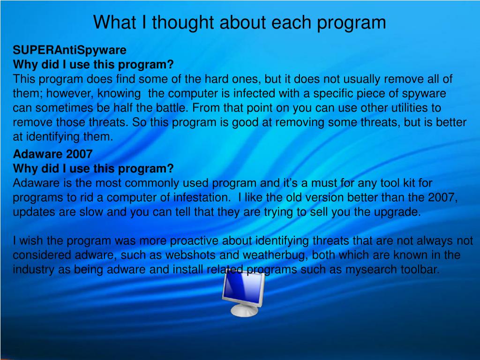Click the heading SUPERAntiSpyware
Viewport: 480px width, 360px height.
pyautogui.click(x=69, y=50)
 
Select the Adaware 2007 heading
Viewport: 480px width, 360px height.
pyautogui.click(x=52, y=154)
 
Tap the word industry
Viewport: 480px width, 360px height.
pyautogui.click(x=32, y=270)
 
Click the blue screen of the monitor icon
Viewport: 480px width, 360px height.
pyautogui.click(x=241, y=287)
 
